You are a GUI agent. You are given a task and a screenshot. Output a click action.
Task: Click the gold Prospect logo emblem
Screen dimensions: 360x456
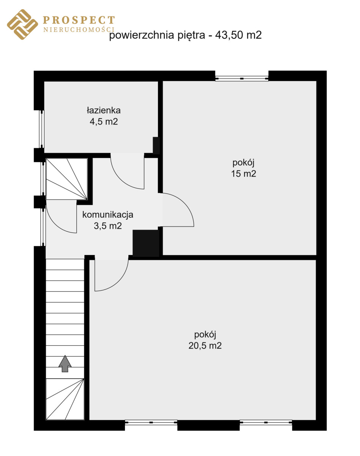[22, 24]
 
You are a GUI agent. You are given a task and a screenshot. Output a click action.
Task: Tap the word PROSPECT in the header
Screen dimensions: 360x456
[79, 20]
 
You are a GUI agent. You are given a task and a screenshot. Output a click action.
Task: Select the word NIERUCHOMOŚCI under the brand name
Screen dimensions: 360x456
[79, 30]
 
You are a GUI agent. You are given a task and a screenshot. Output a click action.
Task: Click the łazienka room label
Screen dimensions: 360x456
[104, 111]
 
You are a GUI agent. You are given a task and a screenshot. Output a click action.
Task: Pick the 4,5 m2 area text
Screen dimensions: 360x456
[104, 122]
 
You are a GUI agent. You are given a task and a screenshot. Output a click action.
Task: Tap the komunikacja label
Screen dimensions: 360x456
[108, 215]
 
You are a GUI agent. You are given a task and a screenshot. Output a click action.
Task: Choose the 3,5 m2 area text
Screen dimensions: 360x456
[108, 226]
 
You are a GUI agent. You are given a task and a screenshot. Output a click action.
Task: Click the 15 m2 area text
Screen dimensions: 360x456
[243, 174]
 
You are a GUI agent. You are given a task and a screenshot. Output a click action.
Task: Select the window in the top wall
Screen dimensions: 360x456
[242, 78]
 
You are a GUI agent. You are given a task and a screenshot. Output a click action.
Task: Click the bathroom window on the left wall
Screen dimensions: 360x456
[42, 129]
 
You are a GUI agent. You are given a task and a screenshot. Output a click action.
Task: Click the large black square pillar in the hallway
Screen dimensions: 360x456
[146, 243]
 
